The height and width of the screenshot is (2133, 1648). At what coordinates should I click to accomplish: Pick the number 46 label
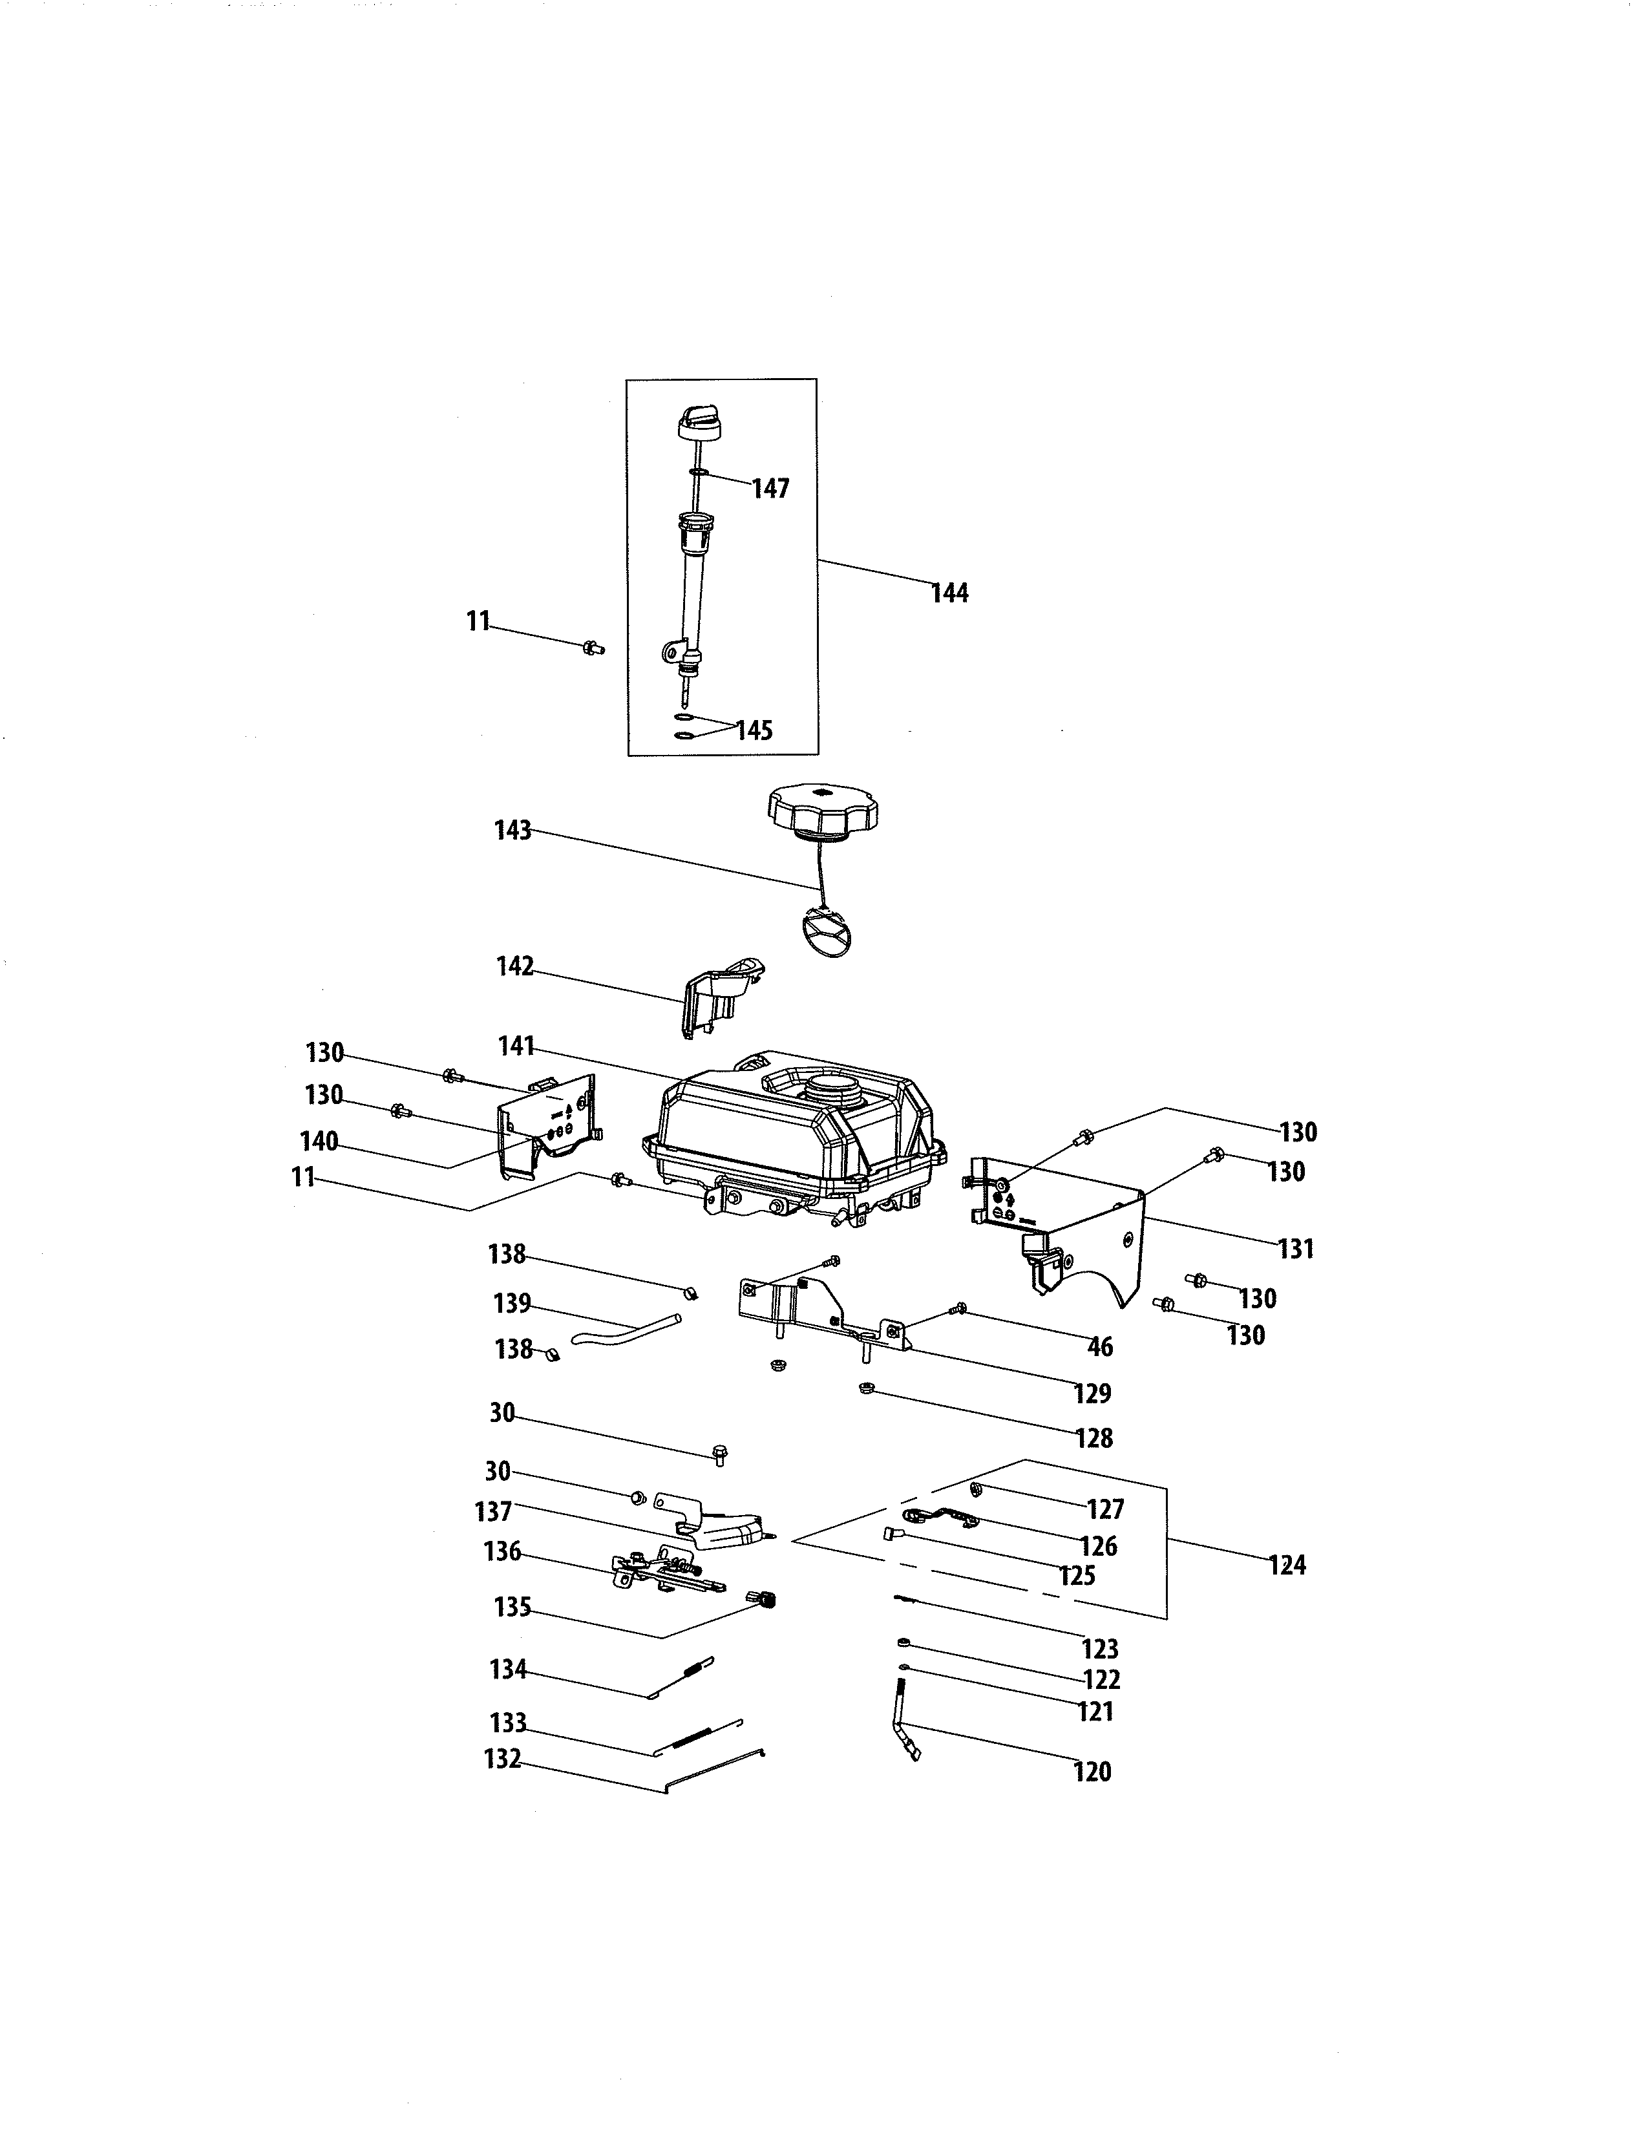(x=1101, y=1348)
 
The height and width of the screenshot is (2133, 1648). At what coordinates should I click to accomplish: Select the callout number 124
(x=1287, y=1565)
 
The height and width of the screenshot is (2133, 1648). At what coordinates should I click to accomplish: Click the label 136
(x=503, y=1552)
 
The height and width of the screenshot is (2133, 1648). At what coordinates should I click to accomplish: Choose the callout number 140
(x=319, y=1141)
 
